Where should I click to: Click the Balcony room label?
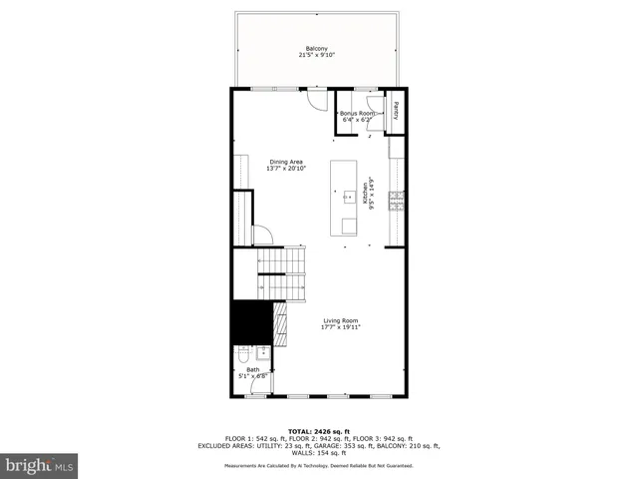[315, 49]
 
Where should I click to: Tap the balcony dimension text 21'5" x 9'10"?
[315, 56]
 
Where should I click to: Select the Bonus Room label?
[357, 114]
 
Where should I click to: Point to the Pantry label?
[396, 111]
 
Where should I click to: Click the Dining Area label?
[287, 162]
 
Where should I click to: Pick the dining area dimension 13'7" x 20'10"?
[287, 169]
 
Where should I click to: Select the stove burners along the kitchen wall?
[396, 201]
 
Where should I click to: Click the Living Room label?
[340, 320]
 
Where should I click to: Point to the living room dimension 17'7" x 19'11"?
[340, 327]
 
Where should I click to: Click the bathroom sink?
[262, 352]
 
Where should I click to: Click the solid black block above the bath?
[251, 321]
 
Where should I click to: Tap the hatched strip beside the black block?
[280, 323]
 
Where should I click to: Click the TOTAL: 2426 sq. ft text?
[320, 431]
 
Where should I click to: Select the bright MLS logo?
[40, 465]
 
